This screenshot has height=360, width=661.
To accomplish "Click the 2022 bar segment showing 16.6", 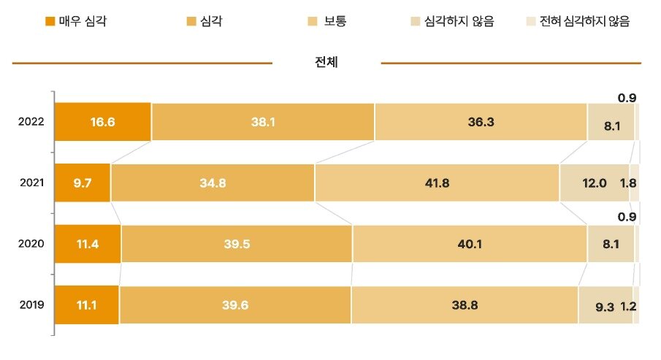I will click(103, 121).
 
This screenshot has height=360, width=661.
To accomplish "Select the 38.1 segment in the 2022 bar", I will click(263, 121).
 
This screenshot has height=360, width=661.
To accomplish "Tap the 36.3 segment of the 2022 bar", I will click(481, 121).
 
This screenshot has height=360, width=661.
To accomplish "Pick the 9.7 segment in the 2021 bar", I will click(83, 183).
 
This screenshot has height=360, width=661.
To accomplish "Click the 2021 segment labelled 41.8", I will click(437, 183).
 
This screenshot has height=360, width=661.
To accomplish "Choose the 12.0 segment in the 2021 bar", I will click(594, 183).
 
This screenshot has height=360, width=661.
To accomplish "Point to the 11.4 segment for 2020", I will click(88, 244).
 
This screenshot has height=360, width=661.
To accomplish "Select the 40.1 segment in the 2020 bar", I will click(470, 244).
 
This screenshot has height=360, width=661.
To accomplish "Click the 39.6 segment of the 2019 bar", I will click(235, 305).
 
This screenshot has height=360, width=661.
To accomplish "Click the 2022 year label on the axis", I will click(31, 121).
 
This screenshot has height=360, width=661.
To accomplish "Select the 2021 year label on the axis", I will click(31, 183).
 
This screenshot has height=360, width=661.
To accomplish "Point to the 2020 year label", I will click(31, 244).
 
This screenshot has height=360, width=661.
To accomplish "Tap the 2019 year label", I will click(31, 305).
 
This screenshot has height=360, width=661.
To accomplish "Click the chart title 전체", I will click(326, 63).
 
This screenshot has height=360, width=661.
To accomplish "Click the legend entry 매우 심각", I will click(76, 21).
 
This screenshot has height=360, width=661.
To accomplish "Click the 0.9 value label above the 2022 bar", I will click(627, 97).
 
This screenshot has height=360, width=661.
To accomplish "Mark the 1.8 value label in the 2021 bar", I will click(627, 183).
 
